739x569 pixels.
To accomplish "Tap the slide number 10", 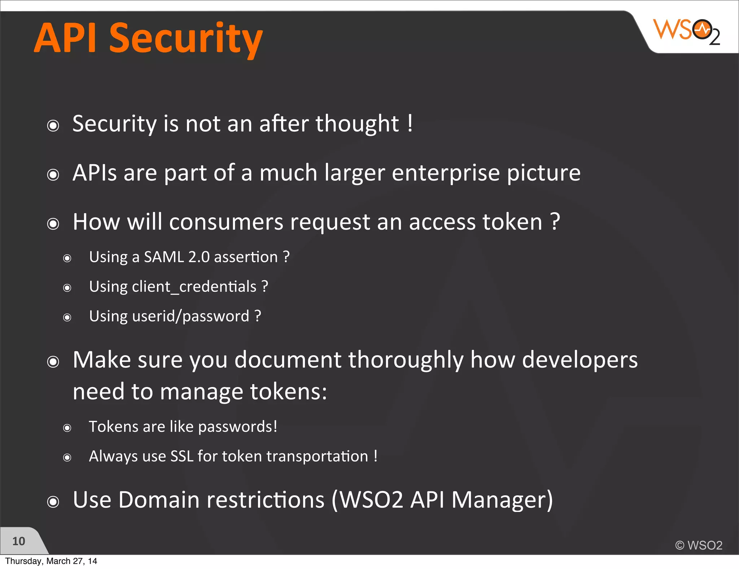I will point(19,541).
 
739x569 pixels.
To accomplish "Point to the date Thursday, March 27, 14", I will point(51,561).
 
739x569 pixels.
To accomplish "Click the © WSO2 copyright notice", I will point(699,545).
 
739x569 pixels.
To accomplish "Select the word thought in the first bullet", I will point(357,124).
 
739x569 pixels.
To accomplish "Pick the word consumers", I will point(226,222).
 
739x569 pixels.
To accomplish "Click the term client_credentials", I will point(194,287).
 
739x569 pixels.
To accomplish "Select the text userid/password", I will point(191,316).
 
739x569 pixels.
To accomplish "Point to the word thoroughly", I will point(406,360).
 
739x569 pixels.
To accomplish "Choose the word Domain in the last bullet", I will point(159,500).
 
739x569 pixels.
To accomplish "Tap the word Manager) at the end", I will point(502,500).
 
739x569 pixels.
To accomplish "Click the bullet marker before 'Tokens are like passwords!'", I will point(67,428).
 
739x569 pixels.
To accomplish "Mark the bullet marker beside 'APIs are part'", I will point(53,175).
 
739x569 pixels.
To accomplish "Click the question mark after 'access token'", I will point(555,222).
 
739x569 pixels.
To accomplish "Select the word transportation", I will point(317,456).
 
